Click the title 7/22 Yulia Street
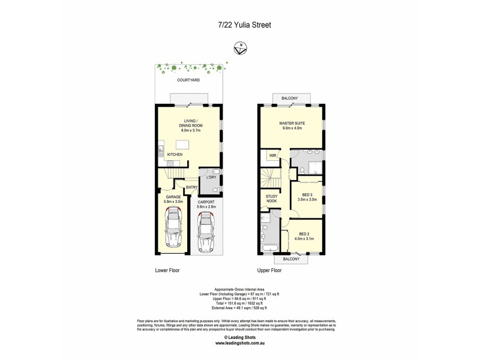(240, 25)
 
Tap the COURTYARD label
(188, 80)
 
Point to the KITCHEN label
(175, 155)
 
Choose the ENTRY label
(191, 187)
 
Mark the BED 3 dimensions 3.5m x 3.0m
(307, 199)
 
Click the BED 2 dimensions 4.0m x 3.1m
(304, 239)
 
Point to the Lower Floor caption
(167, 271)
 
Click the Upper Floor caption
(269, 271)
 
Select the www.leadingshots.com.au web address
(240, 343)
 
